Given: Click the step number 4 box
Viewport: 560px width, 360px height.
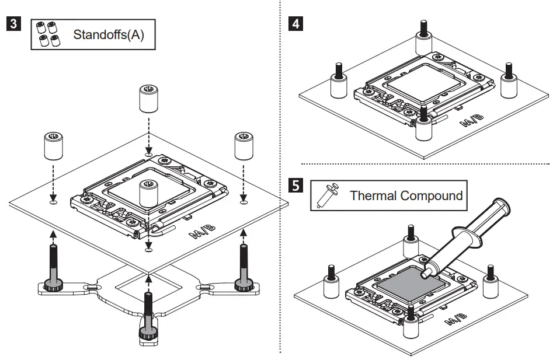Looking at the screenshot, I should [296, 26].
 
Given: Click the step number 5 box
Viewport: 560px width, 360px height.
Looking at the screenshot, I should [296, 186].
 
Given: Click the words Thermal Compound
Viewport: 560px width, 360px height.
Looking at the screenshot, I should [406, 195].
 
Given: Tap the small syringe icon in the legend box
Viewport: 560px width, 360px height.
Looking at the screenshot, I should [325, 195].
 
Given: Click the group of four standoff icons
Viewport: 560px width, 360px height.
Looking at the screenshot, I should [48, 34].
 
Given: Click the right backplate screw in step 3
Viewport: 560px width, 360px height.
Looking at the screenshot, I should [243, 265].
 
